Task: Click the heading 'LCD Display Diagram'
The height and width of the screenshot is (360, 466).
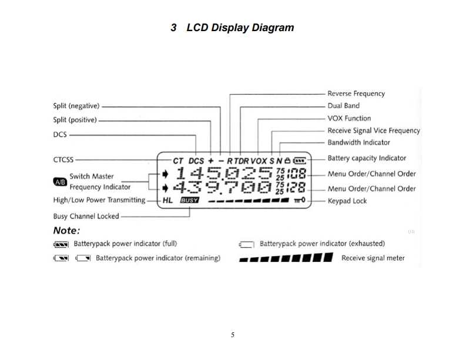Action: coord(240,28)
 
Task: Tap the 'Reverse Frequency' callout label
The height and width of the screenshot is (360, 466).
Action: coord(356,93)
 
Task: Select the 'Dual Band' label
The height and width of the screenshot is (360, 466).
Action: coord(343,106)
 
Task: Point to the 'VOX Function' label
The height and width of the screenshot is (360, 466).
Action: coord(349,118)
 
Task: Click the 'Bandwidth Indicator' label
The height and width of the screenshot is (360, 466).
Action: coord(358,142)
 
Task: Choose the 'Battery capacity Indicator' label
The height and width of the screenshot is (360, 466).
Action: coord(367,158)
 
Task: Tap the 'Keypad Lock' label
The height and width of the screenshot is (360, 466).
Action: coord(347,201)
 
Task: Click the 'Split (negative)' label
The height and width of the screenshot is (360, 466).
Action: coord(76,106)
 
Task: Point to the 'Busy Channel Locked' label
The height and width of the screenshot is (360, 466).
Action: coord(86,216)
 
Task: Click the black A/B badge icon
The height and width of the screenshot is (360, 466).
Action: coord(60,181)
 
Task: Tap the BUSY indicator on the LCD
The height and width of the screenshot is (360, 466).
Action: coord(190,200)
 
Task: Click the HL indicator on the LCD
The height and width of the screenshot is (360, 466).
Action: coord(167,200)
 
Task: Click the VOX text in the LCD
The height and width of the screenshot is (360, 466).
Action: coord(259,160)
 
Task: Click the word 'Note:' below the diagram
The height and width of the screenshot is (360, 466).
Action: coord(66,230)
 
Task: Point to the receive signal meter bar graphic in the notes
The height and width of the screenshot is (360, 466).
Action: coord(286,258)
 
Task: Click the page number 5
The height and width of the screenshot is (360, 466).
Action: coord(233,335)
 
